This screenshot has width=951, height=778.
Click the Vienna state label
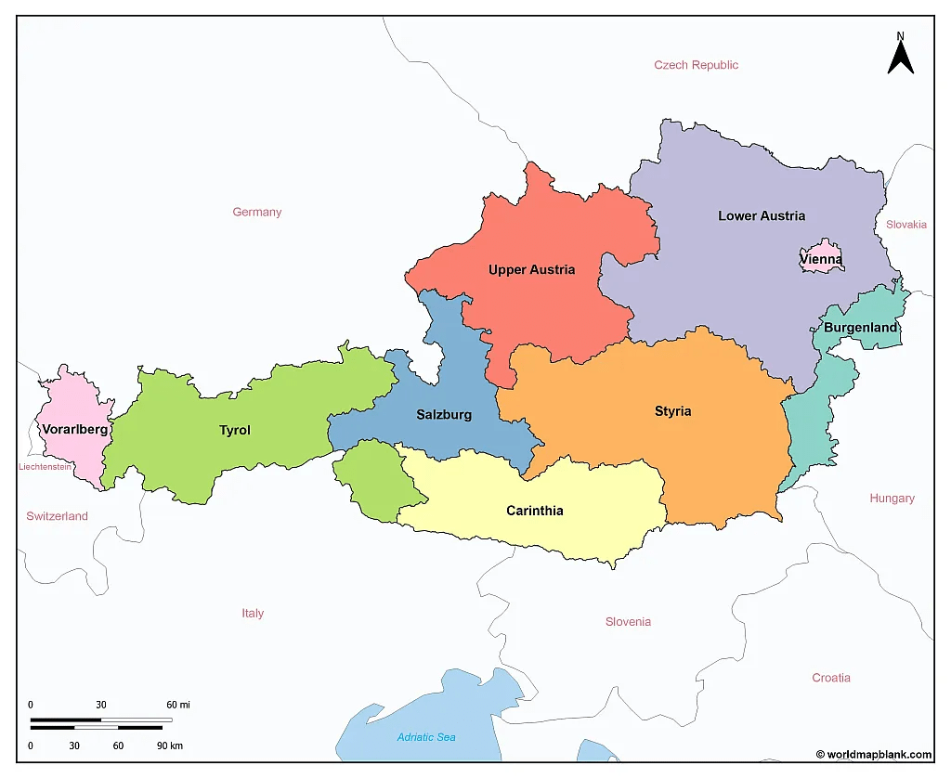(x=821, y=260)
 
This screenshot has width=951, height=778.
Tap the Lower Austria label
(x=762, y=215)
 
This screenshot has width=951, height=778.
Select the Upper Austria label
(x=531, y=270)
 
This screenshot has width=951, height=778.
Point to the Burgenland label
(x=860, y=328)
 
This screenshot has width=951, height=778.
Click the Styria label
(x=672, y=411)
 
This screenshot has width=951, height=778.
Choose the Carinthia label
(x=534, y=511)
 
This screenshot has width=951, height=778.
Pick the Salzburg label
(x=444, y=415)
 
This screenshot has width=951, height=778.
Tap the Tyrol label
(x=234, y=430)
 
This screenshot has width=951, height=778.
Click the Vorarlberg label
(x=74, y=430)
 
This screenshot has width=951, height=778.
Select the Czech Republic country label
(x=696, y=65)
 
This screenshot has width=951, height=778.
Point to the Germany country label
(x=256, y=212)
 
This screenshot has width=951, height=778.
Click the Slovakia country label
(x=905, y=225)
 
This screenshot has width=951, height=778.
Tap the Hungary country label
(x=892, y=499)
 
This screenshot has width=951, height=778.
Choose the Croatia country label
(x=830, y=678)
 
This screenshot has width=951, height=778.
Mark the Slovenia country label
(x=628, y=622)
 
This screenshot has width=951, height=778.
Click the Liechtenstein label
(x=45, y=467)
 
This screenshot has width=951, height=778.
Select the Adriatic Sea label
(x=426, y=737)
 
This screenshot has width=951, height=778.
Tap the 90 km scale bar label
(x=169, y=746)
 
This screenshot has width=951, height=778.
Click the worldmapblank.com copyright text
(x=874, y=755)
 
